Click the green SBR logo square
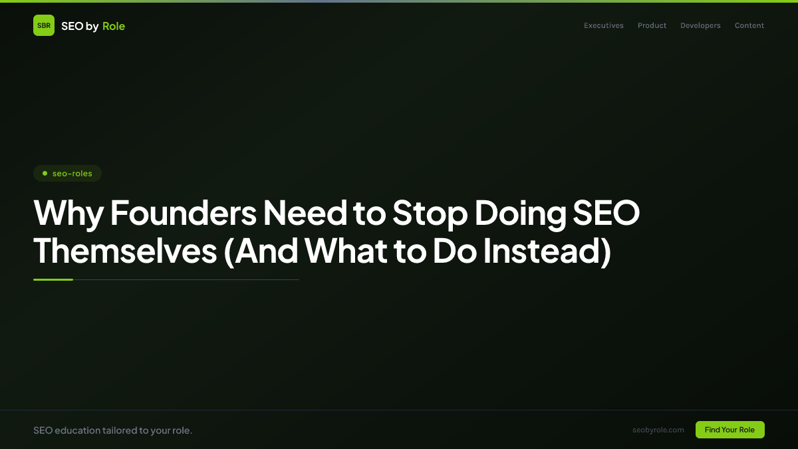(44, 25)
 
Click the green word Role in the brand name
(114, 26)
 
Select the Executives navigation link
(604, 26)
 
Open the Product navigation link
(652, 26)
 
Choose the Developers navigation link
(700, 26)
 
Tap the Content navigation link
(749, 26)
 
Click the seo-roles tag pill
(67, 174)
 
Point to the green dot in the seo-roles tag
(45, 174)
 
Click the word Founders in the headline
(183, 214)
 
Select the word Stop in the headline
(425, 214)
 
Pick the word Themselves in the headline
(125, 251)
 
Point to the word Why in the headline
(67, 214)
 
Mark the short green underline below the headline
(53, 279)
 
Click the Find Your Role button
(730, 430)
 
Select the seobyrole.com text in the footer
(658, 430)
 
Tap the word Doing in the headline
(511, 214)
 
